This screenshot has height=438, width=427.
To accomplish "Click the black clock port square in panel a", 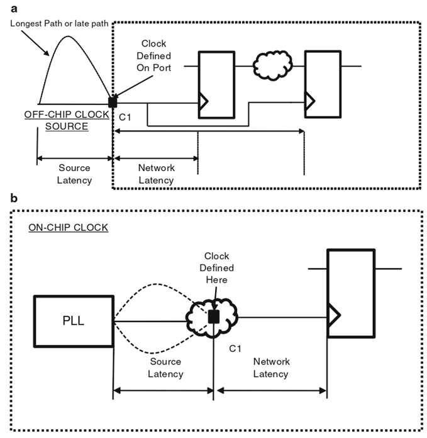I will pos(113,103).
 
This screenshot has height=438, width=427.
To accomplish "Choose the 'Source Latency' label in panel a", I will pos(75,174).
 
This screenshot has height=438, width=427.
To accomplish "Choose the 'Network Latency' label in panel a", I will pos(156,174).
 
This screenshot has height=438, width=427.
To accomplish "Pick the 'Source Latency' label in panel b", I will pos(165,368).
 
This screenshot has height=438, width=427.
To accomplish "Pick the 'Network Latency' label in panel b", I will pos(271,368).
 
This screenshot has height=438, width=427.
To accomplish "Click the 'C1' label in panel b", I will pos(235,347).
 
